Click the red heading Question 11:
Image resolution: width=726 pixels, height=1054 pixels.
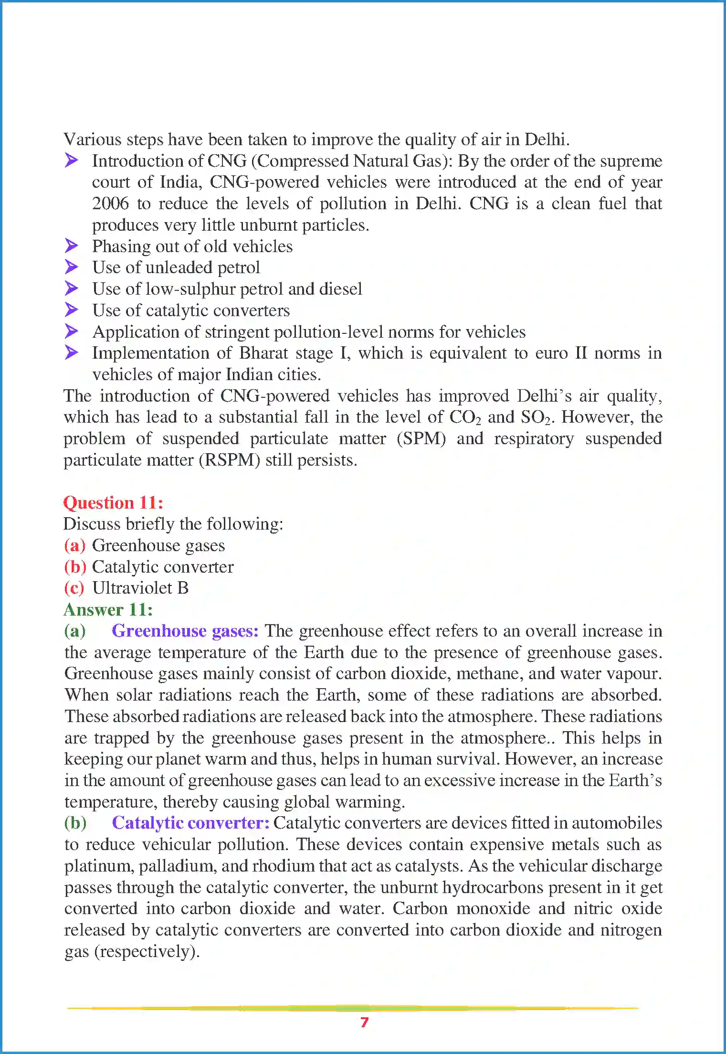[x=113, y=503]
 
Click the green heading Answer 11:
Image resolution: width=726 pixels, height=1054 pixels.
[x=108, y=610]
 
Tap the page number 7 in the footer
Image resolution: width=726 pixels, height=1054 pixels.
[x=364, y=1022]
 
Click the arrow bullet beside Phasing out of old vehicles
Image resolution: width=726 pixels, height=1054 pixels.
[x=72, y=246]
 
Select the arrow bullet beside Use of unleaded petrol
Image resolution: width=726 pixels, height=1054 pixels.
[x=72, y=267]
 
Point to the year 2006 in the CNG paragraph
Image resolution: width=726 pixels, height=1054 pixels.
[x=110, y=204]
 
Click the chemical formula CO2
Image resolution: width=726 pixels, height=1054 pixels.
[x=465, y=417]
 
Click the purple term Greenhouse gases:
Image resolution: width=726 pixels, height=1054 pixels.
[x=185, y=631]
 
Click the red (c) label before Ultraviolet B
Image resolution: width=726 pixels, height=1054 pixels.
[x=74, y=588]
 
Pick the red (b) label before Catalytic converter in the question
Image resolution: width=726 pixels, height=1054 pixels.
[x=75, y=567]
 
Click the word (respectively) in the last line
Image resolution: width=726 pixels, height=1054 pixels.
[x=147, y=951]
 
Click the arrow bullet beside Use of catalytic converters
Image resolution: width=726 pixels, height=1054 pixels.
[x=72, y=310]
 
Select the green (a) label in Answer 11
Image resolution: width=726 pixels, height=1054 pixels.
[x=75, y=631]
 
